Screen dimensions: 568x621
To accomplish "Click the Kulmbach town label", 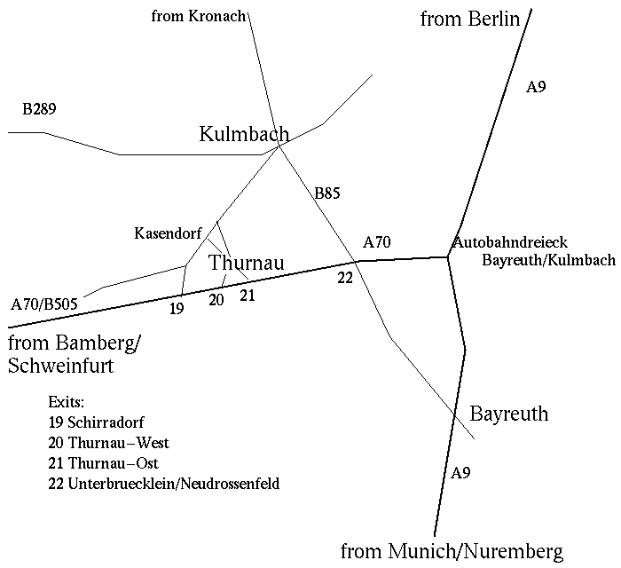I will (244, 135).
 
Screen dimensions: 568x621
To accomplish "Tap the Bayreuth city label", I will (508, 414).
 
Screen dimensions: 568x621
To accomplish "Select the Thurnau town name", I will (246, 264).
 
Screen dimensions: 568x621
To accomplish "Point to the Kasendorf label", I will (169, 233).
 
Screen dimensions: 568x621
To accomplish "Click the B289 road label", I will (39, 110).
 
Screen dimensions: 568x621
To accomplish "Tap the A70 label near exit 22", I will (376, 241).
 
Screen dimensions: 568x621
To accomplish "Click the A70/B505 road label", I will (44, 304).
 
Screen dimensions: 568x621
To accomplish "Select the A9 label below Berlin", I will (536, 87).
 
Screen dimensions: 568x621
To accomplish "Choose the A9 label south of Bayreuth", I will (460, 473).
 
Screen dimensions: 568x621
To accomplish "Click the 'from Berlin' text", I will (469, 19).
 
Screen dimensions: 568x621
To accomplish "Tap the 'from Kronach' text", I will (198, 16).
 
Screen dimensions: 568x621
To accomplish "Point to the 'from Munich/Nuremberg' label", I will (452, 551).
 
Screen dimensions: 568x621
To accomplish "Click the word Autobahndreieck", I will (509, 242).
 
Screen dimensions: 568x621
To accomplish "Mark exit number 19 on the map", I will (176, 309).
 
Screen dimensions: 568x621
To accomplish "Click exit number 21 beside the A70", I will (248, 296).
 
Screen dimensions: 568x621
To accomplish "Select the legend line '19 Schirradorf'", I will (97, 422).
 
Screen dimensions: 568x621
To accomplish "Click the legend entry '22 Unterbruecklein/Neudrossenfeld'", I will (165, 484).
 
